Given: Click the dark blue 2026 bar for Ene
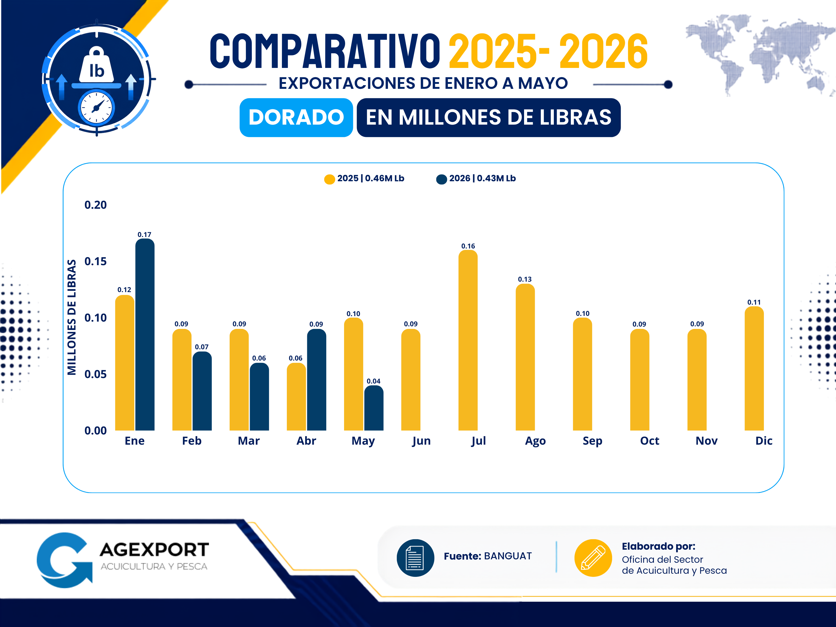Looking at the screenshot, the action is pos(145,334).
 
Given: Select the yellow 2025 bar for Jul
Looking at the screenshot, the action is pos(468,340).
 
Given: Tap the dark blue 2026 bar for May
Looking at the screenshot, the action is pos(374,408).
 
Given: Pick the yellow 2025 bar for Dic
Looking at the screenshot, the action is pos(754,368).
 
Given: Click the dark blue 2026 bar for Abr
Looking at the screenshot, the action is pos(316,380).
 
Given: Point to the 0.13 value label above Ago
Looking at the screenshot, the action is pos(525,279).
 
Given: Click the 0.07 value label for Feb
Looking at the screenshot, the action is pos(202,347).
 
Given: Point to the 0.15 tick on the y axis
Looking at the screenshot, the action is pos(96,261).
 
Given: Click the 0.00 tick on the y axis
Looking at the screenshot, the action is pos(96,431).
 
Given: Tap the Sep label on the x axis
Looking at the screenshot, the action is pos(592,441).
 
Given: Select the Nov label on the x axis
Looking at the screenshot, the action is pos(706,441).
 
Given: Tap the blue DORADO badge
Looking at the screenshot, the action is pos(296,118).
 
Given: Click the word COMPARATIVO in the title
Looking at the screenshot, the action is pos(325,51).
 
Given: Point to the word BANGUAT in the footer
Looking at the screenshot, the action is pos(508,556).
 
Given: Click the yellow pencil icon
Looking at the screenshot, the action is pos(593,558).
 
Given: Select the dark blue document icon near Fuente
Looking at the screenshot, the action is pos(415,558).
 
